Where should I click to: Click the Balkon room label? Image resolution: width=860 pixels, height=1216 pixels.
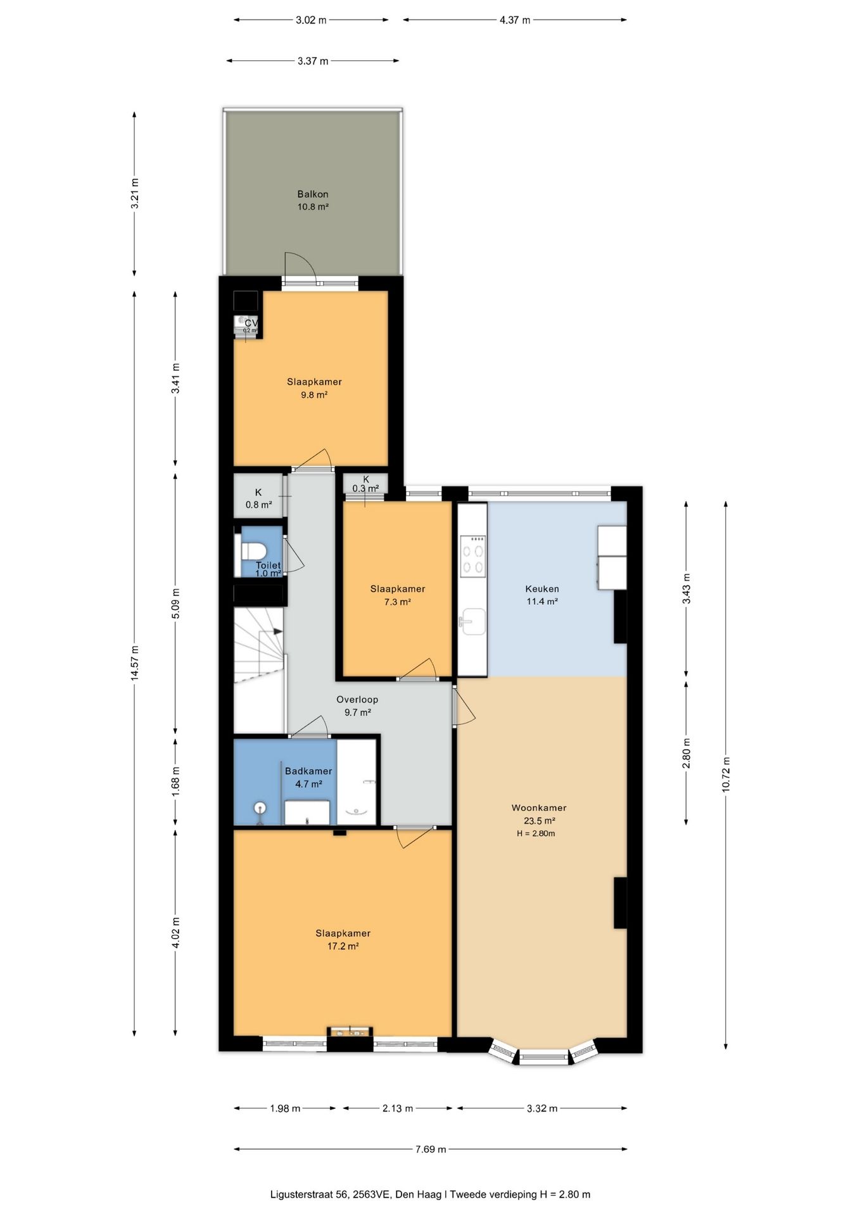click(313, 194)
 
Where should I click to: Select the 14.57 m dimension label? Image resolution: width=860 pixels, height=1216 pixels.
click(134, 663)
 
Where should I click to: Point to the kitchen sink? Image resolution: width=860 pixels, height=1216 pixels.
click(473, 621)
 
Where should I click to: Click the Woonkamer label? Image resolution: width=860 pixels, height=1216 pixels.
click(539, 807)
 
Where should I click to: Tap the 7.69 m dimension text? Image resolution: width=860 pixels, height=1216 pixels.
click(431, 1149)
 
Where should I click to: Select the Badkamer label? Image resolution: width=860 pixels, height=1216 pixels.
click(308, 771)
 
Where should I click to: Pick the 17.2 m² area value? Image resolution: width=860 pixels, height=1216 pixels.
click(343, 946)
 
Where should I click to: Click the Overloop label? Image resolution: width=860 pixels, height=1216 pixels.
click(357, 699)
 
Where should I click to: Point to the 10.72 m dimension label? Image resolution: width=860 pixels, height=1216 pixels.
click(726, 774)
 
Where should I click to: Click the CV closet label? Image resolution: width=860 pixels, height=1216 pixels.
click(251, 323)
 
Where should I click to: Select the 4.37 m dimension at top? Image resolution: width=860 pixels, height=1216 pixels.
click(514, 20)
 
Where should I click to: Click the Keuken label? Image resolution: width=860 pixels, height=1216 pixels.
click(542, 588)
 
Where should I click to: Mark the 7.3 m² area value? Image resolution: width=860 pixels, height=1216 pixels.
click(398, 602)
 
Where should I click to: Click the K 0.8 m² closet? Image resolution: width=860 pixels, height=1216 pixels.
click(259, 498)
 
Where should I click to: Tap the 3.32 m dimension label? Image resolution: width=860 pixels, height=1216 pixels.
click(542, 1108)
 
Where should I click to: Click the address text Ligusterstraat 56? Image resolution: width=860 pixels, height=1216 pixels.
click(309, 1194)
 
